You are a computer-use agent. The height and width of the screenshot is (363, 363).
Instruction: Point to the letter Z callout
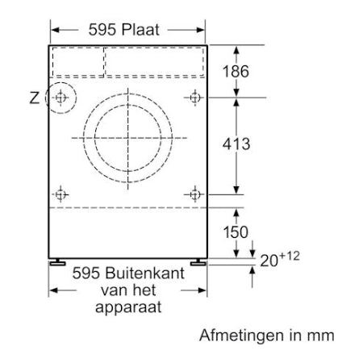point(34,98)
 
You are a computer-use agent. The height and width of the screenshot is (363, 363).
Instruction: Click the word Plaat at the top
point(139,30)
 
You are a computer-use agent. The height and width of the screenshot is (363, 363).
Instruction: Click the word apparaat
point(129,307)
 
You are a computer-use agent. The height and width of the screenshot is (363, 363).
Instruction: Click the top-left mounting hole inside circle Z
point(61,98)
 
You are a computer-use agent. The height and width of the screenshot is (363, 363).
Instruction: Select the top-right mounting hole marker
point(194,98)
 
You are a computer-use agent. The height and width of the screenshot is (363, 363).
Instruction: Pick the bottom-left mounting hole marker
point(61,194)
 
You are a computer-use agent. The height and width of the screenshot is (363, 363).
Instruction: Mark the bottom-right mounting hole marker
point(194,194)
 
